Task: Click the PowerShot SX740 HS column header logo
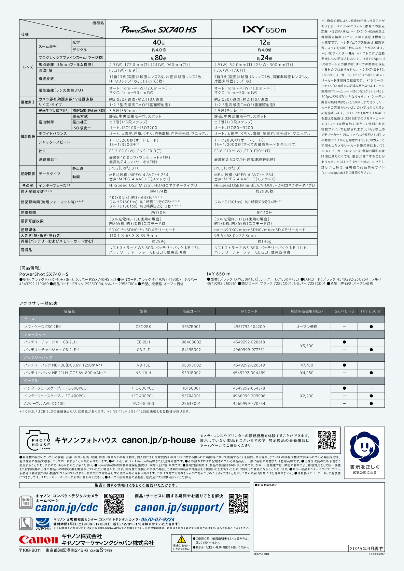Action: click(x=159, y=30)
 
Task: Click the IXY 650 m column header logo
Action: click(x=264, y=30)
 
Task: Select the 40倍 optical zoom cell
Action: click(x=159, y=42)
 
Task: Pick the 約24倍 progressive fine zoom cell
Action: click(x=264, y=58)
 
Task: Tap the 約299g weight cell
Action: click(x=159, y=241)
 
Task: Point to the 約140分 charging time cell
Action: click(x=264, y=213)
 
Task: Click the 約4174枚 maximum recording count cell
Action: click(x=159, y=191)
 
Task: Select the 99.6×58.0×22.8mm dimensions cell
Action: click(x=235, y=235)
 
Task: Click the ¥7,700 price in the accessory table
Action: click(x=307, y=365)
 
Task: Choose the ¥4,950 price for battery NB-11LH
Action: click(x=307, y=373)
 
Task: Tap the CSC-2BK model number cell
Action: click(x=143, y=327)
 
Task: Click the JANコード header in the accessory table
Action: click(x=249, y=312)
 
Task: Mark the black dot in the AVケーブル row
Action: click(x=371, y=404)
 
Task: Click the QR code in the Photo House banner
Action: click(x=327, y=440)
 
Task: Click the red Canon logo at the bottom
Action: click(x=38, y=540)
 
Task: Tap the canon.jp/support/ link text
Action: click(x=179, y=508)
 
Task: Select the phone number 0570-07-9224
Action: click(x=158, y=520)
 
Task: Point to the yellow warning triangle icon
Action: click(x=181, y=539)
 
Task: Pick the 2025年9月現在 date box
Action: click(x=366, y=549)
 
